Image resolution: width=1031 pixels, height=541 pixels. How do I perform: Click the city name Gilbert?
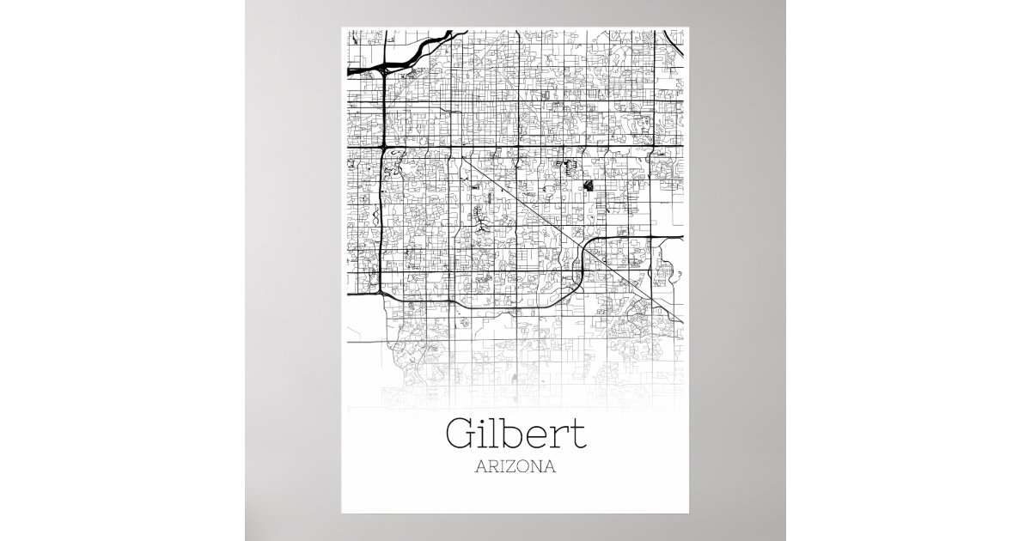[515, 435]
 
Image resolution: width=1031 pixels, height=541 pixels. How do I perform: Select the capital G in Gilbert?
[461, 435]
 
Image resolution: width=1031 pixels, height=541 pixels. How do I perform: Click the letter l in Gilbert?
[498, 433]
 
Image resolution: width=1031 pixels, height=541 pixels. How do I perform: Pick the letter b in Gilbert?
[515, 435]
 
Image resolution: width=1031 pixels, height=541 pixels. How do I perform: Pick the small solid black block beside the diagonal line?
[589, 185]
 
